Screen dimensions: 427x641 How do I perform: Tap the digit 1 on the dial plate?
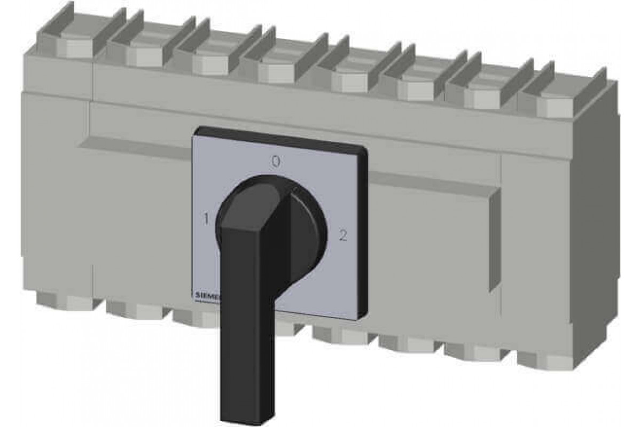click(206, 218)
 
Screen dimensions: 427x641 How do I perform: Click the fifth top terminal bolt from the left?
click(349, 83)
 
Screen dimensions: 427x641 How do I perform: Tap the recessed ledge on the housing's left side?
click(134, 147)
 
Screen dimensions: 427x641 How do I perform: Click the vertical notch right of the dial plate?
click(495, 240)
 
